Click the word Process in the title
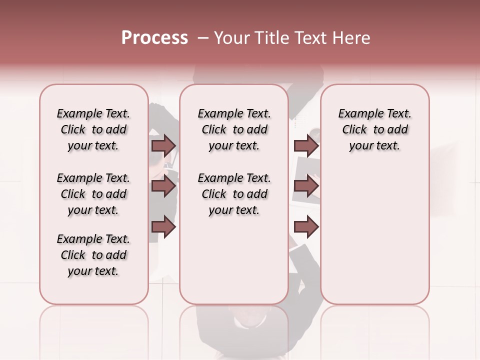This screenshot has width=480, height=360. [154, 38]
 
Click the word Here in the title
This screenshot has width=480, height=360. [352, 38]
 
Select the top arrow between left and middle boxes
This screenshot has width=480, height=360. [163, 145]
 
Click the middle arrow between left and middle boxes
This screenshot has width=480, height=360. [163, 186]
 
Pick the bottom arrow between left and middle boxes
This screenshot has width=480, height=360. [163, 226]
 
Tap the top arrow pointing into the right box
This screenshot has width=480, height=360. [306, 145]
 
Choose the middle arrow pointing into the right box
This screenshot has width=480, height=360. [306, 186]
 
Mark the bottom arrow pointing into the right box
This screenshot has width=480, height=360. [306, 226]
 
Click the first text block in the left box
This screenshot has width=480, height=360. [93, 129]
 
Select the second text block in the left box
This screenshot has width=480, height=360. [93, 194]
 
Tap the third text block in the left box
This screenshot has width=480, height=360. [93, 255]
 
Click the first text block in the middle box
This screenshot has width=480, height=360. [234, 129]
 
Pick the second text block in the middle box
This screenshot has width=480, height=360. [234, 194]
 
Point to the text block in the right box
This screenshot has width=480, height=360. [375, 129]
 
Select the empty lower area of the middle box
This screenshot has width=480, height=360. [234, 260]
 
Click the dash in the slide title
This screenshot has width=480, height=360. [203, 38]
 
